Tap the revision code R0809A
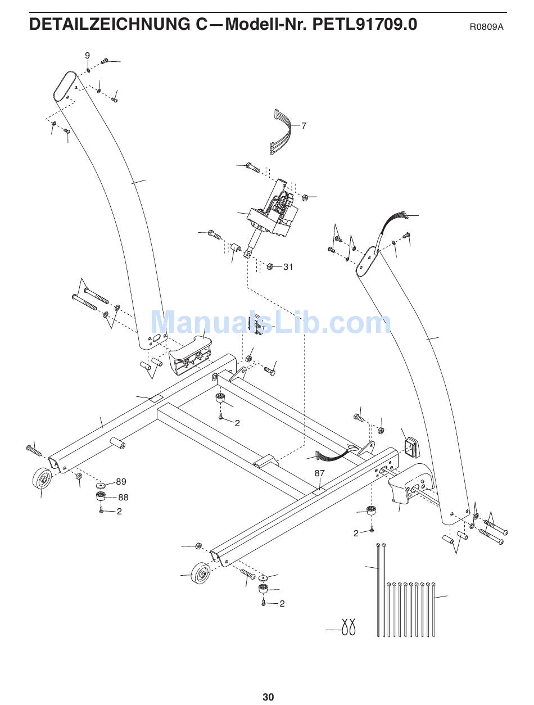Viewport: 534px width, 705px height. (x=487, y=26)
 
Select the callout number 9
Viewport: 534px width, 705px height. (x=87, y=55)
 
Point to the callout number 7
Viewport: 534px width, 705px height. (x=304, y=126)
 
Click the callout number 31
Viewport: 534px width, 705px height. (x=288, y=266)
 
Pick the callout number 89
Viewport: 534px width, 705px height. (x=121, y=482)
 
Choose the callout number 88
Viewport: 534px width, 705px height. (x=123, y=497)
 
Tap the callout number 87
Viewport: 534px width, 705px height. (x=319, y=473)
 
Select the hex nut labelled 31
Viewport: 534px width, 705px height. (x=270, y=266)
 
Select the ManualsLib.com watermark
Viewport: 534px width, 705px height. (x=271, y=323)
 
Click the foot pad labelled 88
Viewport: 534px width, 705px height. (x=101, y=497)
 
